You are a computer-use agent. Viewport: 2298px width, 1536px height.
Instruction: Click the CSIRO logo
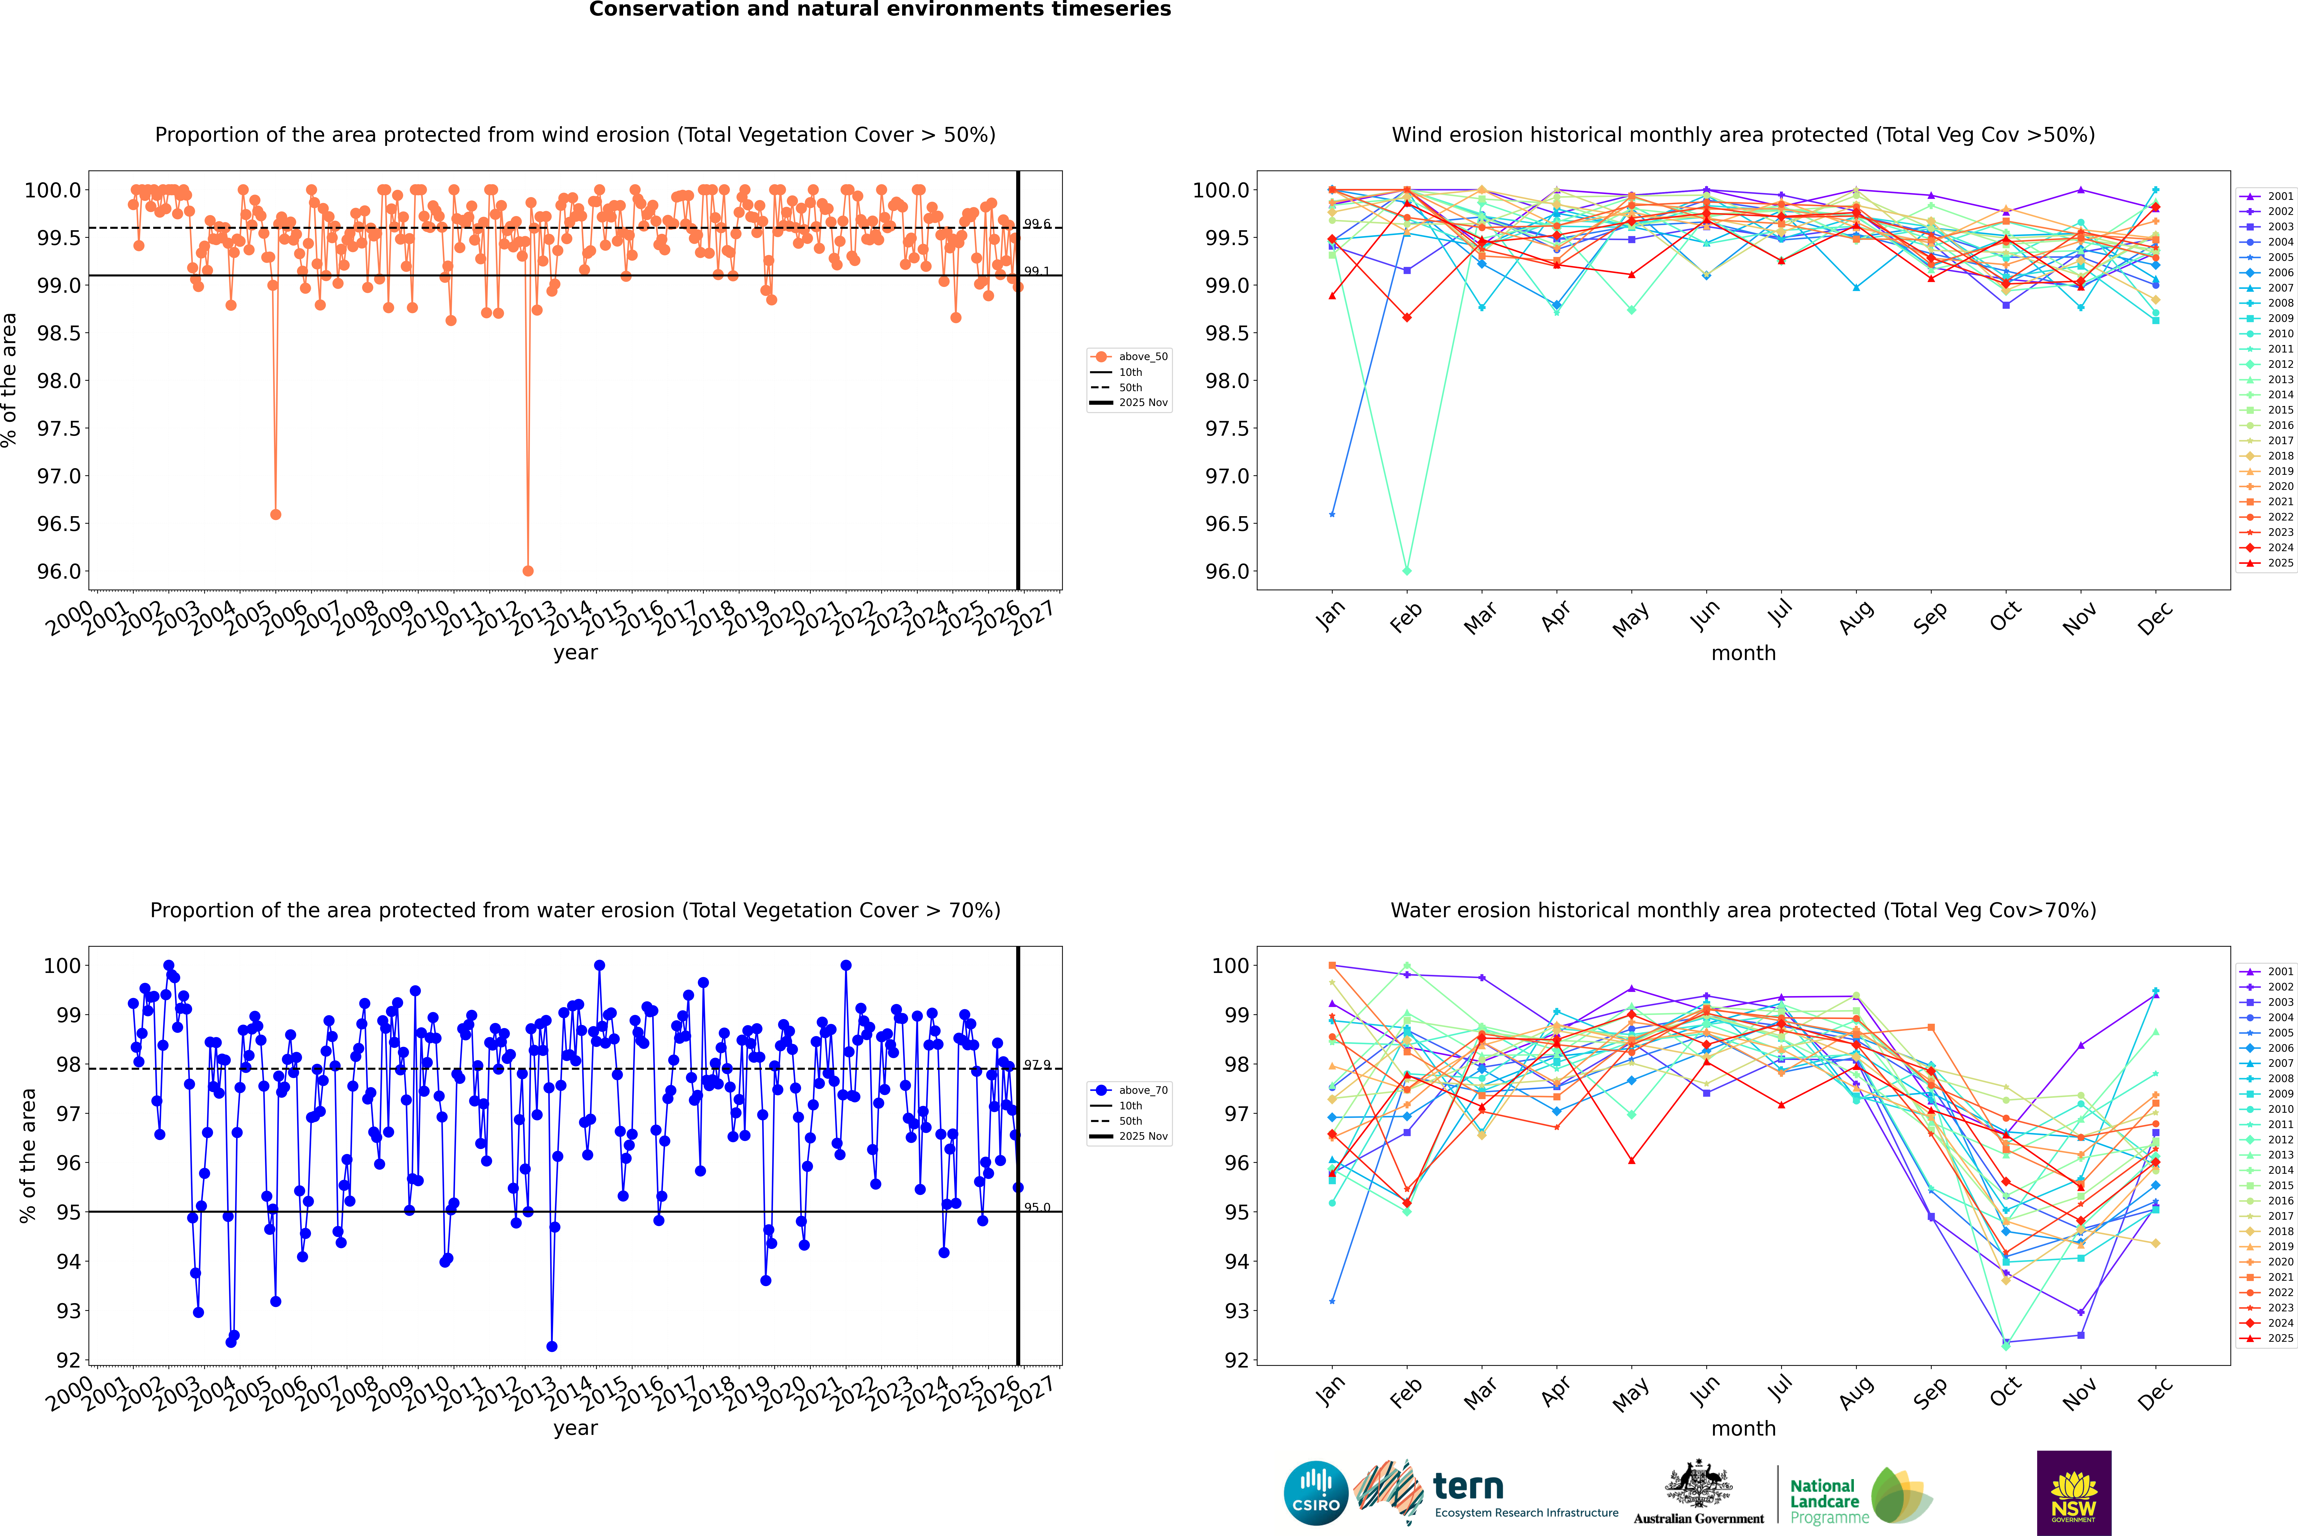click(x=1316, y=1493)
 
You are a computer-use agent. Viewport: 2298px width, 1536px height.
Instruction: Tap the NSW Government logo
click(x=2074, y=1493)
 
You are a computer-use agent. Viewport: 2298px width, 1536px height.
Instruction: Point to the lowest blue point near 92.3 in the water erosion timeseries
click(x=552, y=1346)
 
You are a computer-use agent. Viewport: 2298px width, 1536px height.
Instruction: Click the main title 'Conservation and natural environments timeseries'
click(x=880, y=10)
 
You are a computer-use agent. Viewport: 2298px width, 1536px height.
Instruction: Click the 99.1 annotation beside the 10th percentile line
click(x=1036, y=271)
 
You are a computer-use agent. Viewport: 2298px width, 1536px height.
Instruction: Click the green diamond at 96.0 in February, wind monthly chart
click(x=1407, y=570)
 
